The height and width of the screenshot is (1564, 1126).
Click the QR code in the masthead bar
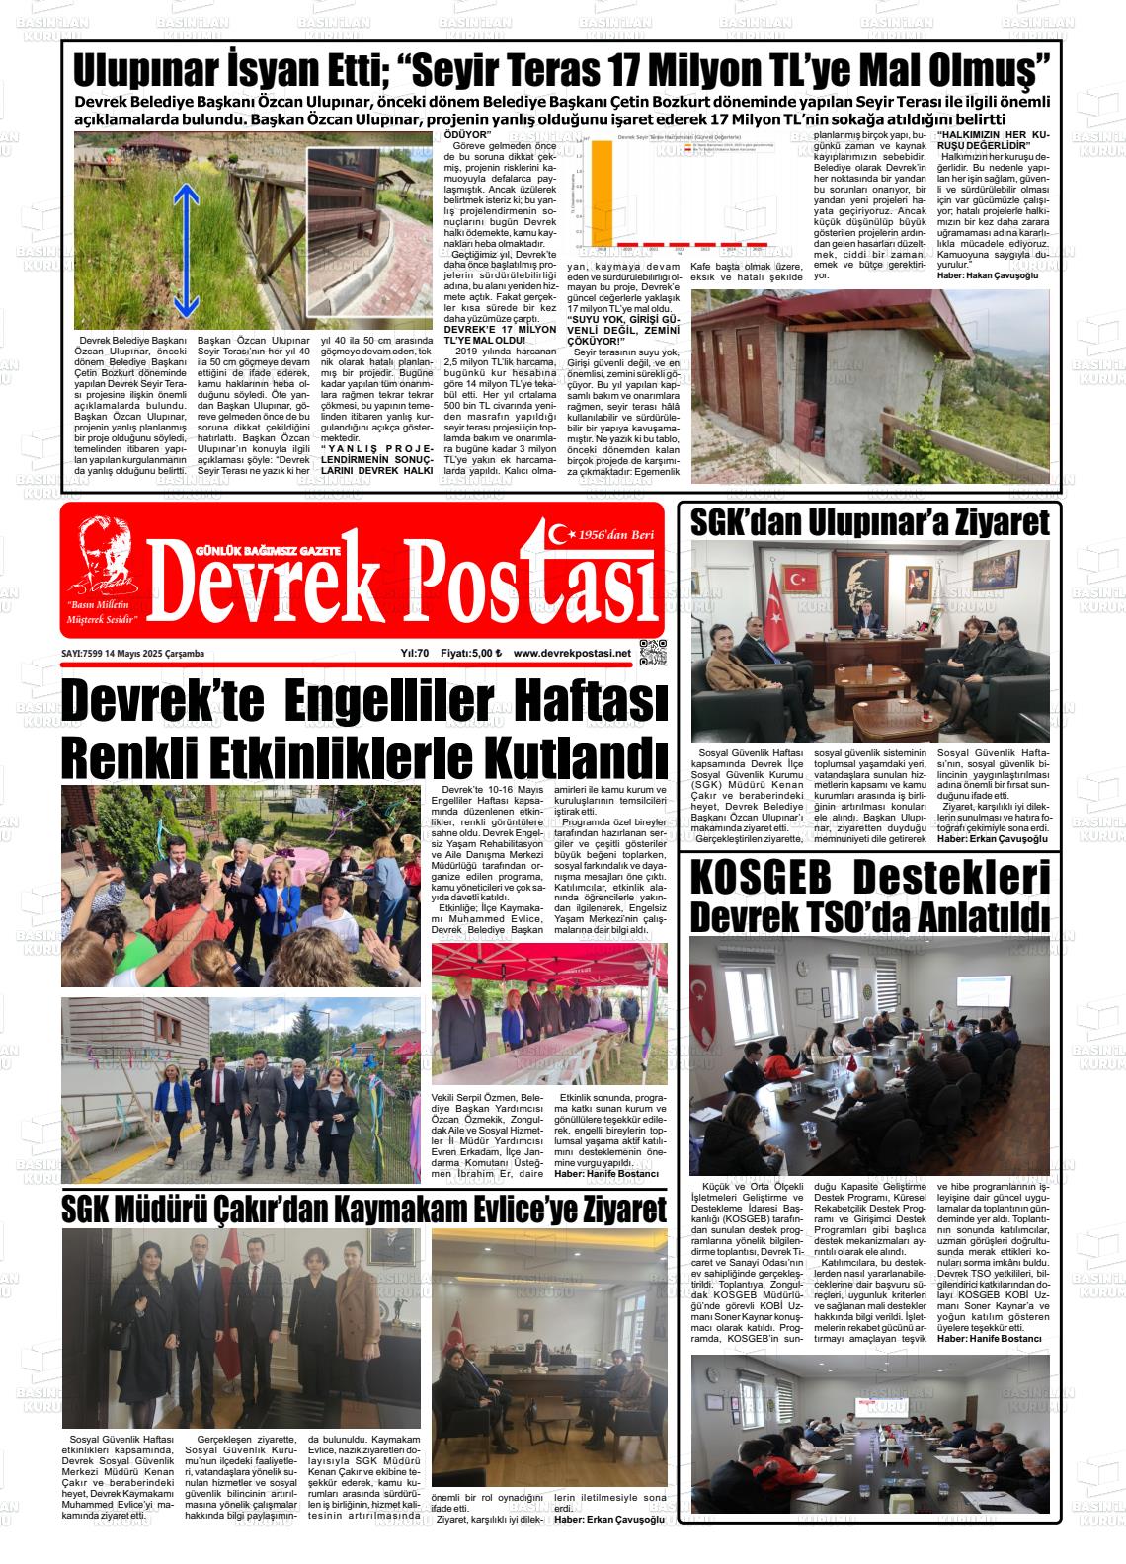[x=653, y=654]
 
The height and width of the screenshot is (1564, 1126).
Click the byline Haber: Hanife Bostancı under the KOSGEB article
[x=990, y=1338]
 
